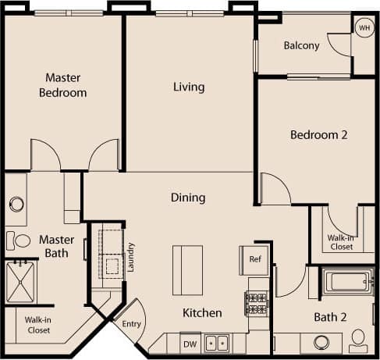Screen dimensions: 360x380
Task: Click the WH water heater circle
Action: (364, 27)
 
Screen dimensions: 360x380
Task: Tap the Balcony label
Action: (301, 45)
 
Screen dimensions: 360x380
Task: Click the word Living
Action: (189, 87)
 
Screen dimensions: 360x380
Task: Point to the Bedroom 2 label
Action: (318, 134)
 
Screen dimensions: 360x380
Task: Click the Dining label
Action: (188, 198)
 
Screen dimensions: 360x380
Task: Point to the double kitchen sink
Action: (216, 343)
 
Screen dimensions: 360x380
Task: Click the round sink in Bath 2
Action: (320, 342)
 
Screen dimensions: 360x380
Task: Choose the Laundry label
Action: (131, 256)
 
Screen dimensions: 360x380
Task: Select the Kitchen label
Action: (202, 313)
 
